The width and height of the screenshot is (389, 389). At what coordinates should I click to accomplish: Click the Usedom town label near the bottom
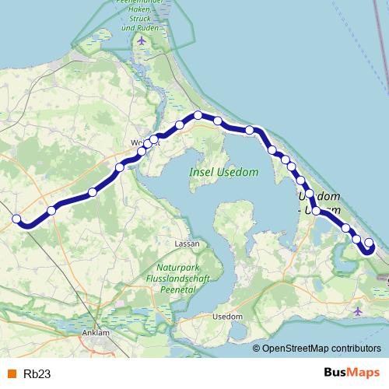tap(228, 317)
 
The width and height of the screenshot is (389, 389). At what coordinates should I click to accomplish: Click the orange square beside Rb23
tap(10, 373)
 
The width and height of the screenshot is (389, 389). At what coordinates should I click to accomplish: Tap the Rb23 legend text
tap(37, 373)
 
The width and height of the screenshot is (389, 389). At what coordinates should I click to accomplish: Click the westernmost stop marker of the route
tap(16, 219)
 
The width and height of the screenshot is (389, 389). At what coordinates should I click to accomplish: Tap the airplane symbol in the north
tap(141, 40)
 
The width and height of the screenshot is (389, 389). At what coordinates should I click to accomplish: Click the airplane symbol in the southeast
tap(357, 311)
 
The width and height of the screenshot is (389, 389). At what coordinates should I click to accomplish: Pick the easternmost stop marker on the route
tap(369, 244)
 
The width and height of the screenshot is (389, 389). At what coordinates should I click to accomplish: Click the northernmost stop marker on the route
tap(198, 115)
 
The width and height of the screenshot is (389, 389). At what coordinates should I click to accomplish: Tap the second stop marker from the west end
tap(51, 210)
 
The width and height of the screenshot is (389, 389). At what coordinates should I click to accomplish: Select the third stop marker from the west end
tap(93, 191)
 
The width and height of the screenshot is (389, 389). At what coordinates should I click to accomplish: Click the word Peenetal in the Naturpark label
tap(170, 286)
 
